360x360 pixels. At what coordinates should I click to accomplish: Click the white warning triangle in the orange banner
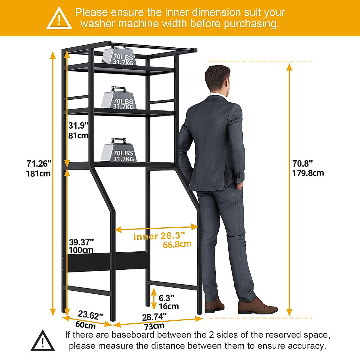point(59,19)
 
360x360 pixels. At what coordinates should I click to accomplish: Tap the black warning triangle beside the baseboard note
point(43,341)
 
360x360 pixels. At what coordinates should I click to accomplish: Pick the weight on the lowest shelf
point(119,150)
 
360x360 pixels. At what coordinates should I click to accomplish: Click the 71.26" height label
point(39,164)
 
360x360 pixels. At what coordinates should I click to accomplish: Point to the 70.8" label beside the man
point(303,163)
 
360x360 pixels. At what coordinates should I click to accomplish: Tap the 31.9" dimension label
point(78,125)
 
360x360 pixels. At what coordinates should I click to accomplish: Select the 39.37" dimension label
point(81,242)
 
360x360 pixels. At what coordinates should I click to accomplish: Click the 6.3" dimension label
point(166,298)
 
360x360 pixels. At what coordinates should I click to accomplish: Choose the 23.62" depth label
point(90,315)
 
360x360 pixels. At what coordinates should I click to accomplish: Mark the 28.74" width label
point(154,317)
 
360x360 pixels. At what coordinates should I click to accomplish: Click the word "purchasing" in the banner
point(251,24)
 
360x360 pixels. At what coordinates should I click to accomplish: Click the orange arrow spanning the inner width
point(156,229)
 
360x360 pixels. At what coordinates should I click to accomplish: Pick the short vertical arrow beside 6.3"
point(154,299)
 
